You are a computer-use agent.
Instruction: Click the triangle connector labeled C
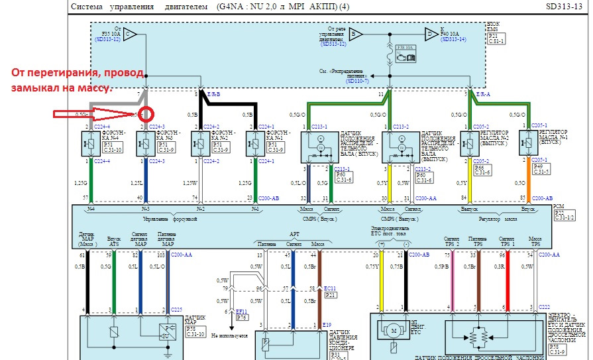[x=131, y=34]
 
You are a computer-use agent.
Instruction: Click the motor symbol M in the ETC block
[x=393, y=330]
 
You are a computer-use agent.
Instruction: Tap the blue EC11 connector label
[x=331, y=288]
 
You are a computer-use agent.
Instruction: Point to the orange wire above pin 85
[x=529, y=179]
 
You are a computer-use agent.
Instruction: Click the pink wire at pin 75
[x=453, y=278]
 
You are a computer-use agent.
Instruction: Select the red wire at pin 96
[x=507, y=278]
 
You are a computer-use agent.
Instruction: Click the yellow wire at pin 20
[x=382, y=278]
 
